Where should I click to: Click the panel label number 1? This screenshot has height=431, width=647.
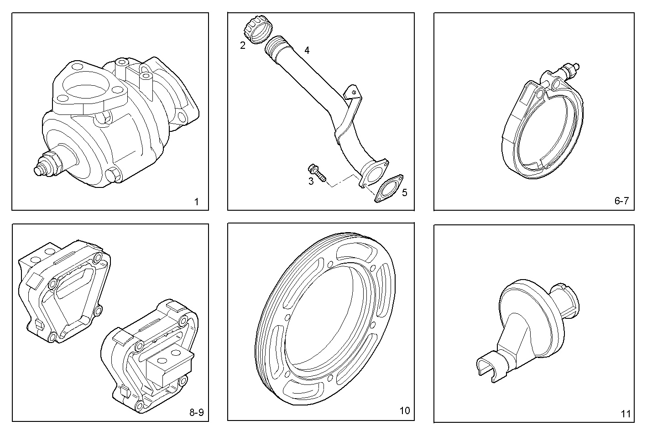pyautogui.click(x=196, y=202)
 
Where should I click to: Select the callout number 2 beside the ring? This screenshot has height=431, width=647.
pyautogui.click(x=243, y=45)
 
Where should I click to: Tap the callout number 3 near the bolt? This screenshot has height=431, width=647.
pyautogui.click(x=311, y=182)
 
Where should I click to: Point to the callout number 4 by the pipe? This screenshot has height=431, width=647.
pyautogui.click(x=307, y=50)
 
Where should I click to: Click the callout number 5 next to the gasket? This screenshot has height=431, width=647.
pyautogui.click(x=404, y=192)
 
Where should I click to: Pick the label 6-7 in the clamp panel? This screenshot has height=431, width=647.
pyautogui.click(x=621, y=201)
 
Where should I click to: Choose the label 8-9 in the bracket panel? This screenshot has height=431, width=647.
pyautogui.click(x=196, y=413)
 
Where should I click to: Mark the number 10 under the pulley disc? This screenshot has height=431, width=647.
pyautogui.click(x=405, y=410)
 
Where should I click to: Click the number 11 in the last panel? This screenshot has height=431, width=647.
pyautogui.click(x=626, y=414)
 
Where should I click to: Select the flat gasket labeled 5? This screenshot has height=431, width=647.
pyautogui.click(x=389, y=187)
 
